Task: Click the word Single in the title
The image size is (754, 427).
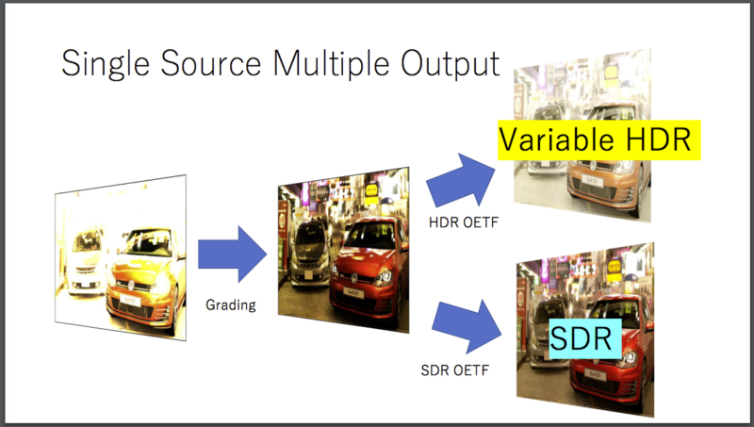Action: (106, 64)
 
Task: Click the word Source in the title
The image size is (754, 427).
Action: (210, 63)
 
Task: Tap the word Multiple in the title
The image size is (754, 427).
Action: (331, 64)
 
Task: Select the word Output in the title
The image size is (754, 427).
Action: (451, 64)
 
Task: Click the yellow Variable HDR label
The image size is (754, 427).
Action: (599, 140)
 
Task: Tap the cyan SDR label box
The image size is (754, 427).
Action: (585, 338)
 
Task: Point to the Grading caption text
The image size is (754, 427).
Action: (231, 304)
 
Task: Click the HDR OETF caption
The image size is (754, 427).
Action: (464, 222)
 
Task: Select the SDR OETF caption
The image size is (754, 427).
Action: (455, 370)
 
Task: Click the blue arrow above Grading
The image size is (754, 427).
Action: (232, 254)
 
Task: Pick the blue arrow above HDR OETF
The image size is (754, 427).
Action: (461, 181)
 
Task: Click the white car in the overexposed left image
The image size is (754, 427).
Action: (87, 259)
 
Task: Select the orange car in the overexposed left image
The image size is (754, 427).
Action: (145, 279)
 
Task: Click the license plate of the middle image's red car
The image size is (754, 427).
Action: (352, 293)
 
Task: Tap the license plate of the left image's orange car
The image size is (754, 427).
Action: (129, 301)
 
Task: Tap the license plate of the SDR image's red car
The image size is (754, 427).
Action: (595, 375)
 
